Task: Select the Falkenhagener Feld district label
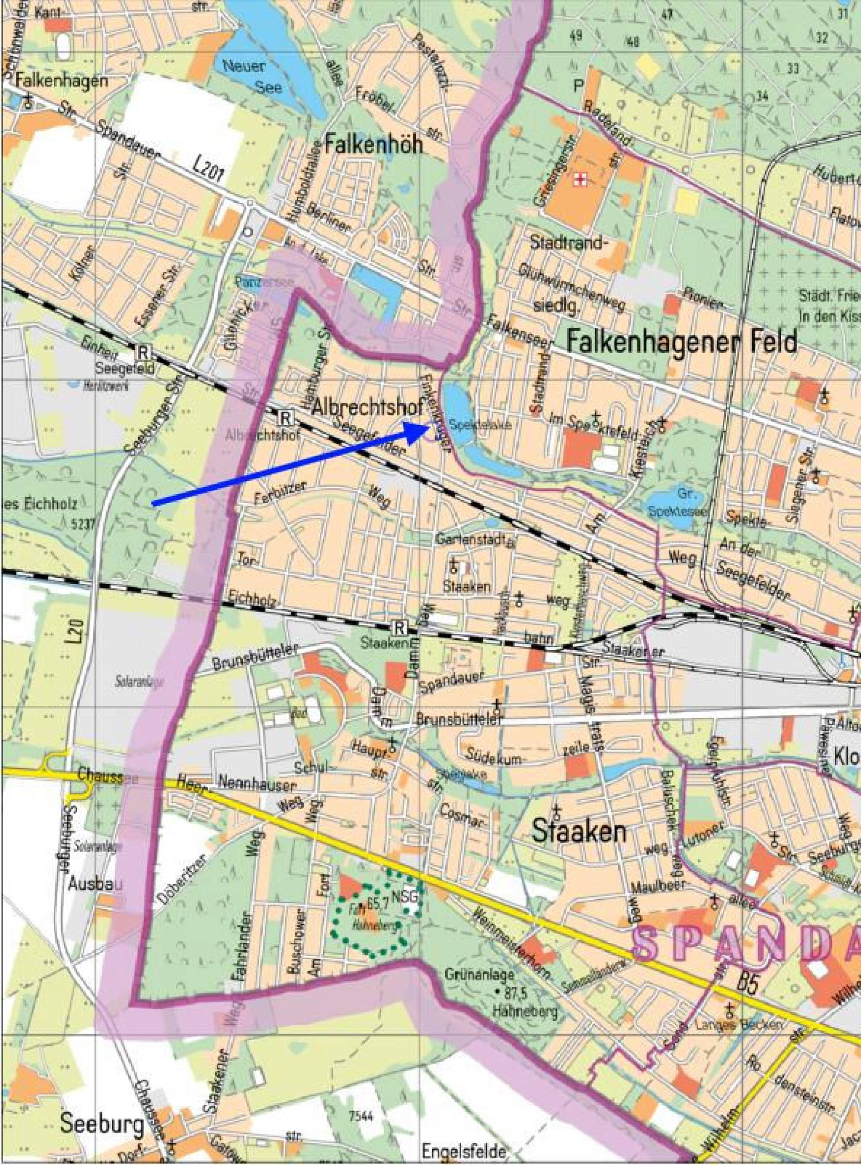tap(682, 342)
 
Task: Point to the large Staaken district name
tap(578, 832)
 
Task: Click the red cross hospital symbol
tap(580, 180)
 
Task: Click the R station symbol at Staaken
tap(399, 626)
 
